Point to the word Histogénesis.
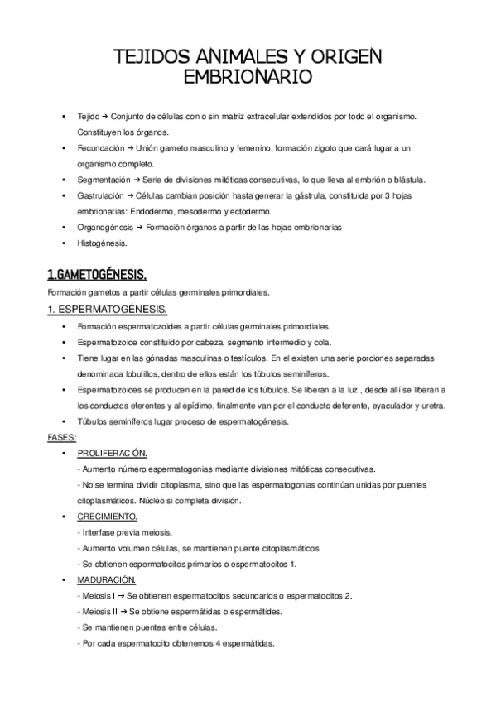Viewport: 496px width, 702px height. tap(102, 243)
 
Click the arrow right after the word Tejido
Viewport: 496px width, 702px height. tap(105, 116)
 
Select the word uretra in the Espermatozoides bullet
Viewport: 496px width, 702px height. tap(433, 406)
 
